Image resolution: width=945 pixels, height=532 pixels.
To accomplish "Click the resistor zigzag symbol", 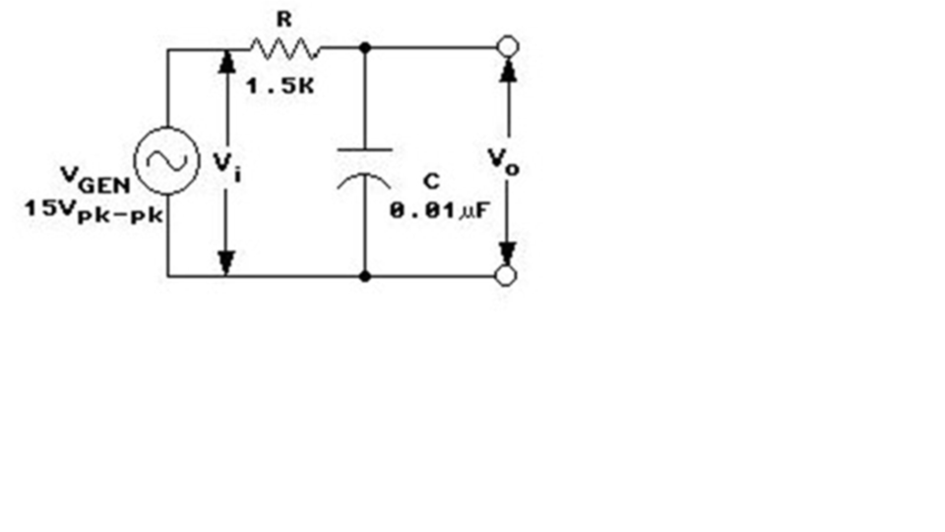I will (x=283, y=46).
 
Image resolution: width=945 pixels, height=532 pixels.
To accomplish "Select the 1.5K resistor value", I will (x=281, y=86).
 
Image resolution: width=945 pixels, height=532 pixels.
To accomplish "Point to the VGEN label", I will (x=94, y=180).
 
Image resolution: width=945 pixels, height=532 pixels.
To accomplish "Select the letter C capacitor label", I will (x=431, y=183).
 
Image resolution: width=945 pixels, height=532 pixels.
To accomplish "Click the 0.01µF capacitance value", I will (x=439, y=210).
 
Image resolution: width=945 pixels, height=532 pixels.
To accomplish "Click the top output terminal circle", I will (x=507, y=46).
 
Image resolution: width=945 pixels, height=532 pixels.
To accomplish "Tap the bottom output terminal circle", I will (x=506, y=275).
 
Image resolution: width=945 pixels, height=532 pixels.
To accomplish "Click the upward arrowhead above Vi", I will (x=227, y=61).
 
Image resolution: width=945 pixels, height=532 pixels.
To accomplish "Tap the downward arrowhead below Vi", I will (x=227, y=260).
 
